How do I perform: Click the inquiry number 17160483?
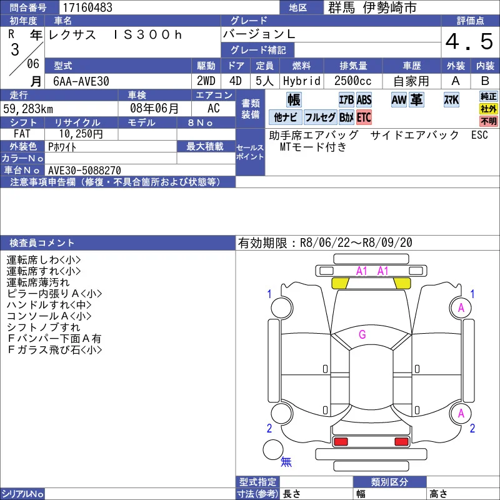point(87,7)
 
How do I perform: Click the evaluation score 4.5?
point(469,41)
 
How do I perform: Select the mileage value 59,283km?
point(28,109)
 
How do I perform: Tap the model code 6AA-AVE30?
point(81,81)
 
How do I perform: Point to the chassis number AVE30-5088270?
point(84,170)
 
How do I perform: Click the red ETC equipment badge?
point(364,117)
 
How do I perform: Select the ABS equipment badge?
point(364,100)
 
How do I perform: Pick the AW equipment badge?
point(399,100)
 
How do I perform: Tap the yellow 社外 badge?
point(489,109)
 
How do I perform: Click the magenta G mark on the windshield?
point(362,334)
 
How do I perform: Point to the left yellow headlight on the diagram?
point(340,283)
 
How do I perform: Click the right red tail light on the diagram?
point(401,442)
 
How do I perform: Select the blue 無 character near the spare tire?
point(286,461)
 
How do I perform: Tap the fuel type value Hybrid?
point(302,81)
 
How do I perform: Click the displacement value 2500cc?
point(352,81)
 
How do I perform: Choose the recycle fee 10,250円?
point(81,134)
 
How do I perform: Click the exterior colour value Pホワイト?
point(62,147)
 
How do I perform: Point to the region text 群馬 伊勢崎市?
point(372,7)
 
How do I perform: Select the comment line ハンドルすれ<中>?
point(49,305)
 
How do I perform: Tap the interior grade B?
point(485,81)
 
